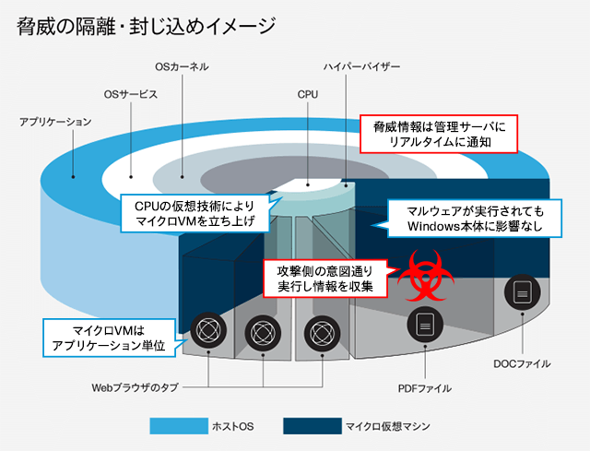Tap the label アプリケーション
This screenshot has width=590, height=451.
tap(55, 121)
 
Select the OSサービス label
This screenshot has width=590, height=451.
tap(131, 94)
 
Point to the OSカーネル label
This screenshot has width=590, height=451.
tap(182, 67)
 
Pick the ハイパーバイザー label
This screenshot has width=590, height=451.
tap(361, 67)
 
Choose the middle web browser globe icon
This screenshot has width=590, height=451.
tap(263, 330)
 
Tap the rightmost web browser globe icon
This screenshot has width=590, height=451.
tap(322, 330)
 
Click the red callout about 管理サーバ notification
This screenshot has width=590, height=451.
tap(438, 135)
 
